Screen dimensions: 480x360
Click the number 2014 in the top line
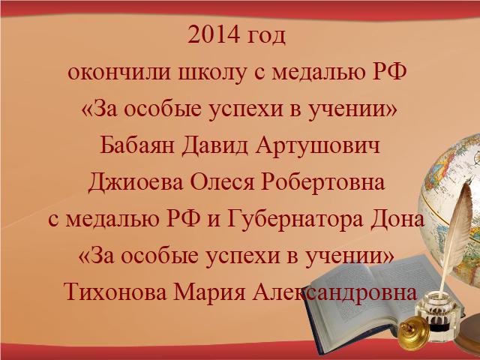pyautogui.click(x=213, y=34)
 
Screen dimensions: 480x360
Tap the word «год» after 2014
pyautogui.click(x=266, y=37)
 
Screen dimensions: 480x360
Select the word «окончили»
pyautogui.click(x=119, y=73)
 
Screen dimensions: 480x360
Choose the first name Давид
pyautogui.click(x=215, y=145)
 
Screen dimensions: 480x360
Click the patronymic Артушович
pyautogui.click(x=318, y=145)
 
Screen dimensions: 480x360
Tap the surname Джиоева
pyautogui.click(x=136, y=182)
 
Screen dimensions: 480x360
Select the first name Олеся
pyautogui.click(x=223, y=181)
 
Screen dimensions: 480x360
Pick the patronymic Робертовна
pyautogui.click(x=323, y=182)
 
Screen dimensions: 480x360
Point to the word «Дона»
pyautogui.click(x=397, y=219)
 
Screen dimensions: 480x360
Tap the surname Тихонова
pyautogui.click(x=116, y=292)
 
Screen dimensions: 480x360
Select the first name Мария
pyautogui.click(x=210, y=292)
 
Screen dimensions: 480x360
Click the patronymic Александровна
pyautogui.click(x=335, y=292)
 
